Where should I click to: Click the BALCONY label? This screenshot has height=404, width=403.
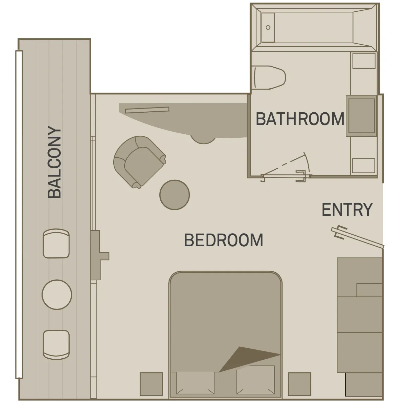(54, 162)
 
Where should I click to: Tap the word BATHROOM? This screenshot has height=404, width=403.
(300, 119)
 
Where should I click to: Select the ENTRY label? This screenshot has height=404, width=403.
(347, 210)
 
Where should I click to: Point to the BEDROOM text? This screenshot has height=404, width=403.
(223, 240)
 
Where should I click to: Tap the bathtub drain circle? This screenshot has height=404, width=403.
(268, 27)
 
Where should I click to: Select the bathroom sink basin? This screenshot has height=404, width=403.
(361, 116)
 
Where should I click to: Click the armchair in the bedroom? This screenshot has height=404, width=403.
(139, 161)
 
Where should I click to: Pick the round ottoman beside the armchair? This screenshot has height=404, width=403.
(175, 195)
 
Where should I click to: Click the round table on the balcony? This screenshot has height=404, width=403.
(57, 294)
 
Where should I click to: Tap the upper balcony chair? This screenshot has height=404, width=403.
(56, 244)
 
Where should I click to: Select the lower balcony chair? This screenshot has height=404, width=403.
(56, 345)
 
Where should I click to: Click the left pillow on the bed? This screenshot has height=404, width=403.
(195, 383)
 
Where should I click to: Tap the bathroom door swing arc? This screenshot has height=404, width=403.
(307, 164)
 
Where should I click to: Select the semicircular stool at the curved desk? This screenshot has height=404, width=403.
(204, 139)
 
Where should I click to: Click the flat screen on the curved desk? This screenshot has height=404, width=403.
(147, 110)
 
